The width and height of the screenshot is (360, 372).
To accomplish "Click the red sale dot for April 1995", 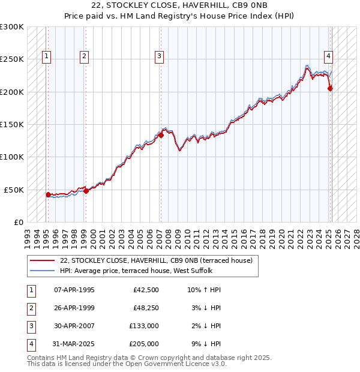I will click(48, 194).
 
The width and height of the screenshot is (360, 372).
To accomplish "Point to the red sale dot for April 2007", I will click(161, 136).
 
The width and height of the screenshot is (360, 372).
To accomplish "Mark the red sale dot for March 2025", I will click(330, 89).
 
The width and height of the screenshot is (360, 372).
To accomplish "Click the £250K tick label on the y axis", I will click(12, 59).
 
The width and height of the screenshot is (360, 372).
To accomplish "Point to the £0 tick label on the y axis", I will click(19, 222).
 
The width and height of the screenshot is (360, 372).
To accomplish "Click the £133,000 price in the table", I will click(144, 326).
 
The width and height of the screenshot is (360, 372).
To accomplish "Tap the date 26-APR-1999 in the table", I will click(74, 308).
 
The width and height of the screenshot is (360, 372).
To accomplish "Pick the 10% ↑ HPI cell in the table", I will click(204, 290).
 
